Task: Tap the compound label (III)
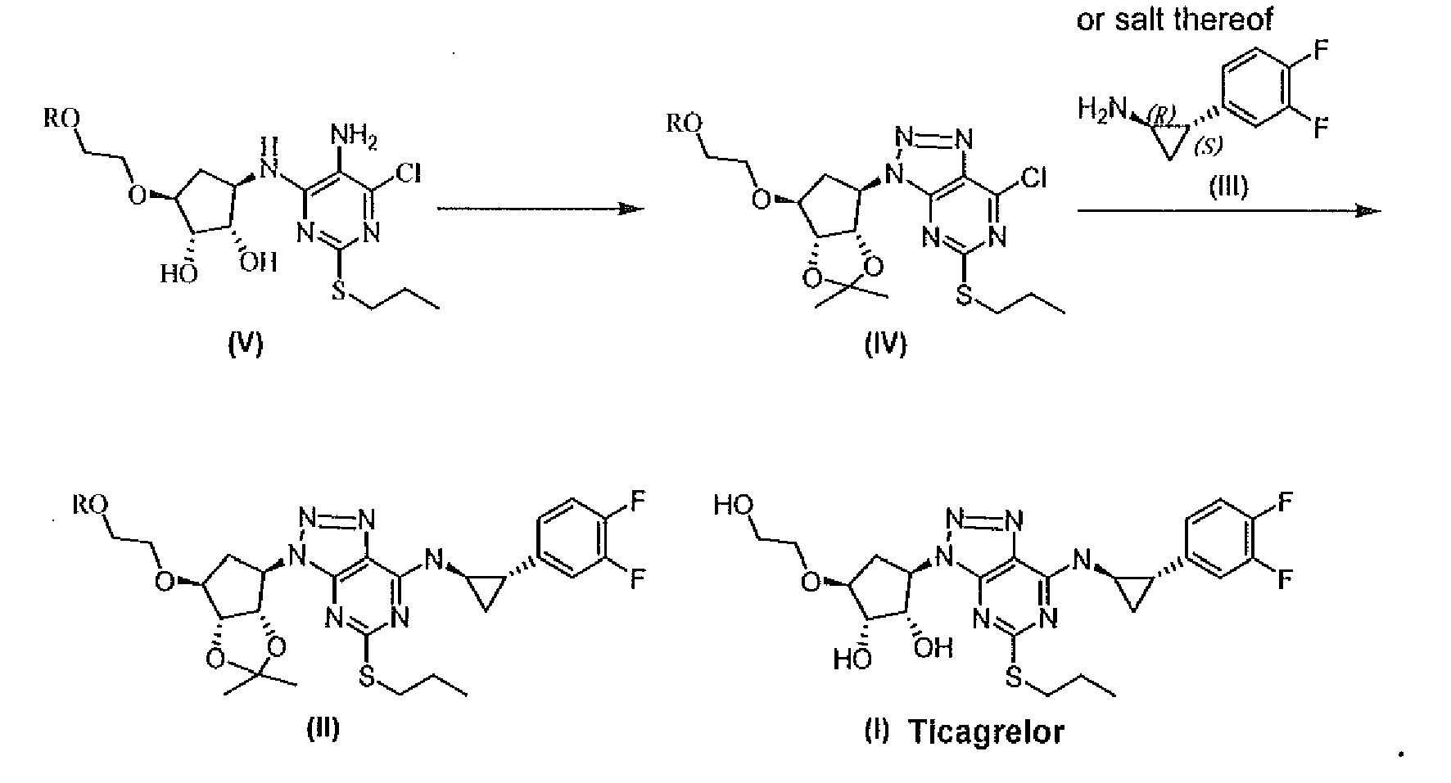pyautogui.click(x=1228, y=187)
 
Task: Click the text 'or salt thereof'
pyautogui.click(x=1175, y=19)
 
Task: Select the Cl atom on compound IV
pyautogui.click(x=1033, y=178)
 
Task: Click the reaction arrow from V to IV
pyautogui.click(x=540, y=209)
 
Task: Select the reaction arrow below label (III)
pyautogui.click(x=1228, y=212)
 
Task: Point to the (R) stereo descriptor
pyautogui.click(x=1161, y=115)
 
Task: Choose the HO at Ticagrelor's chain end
pyautogui.click(x=732, y=505)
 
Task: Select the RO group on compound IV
pyautogui.click(x=681, y=124)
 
